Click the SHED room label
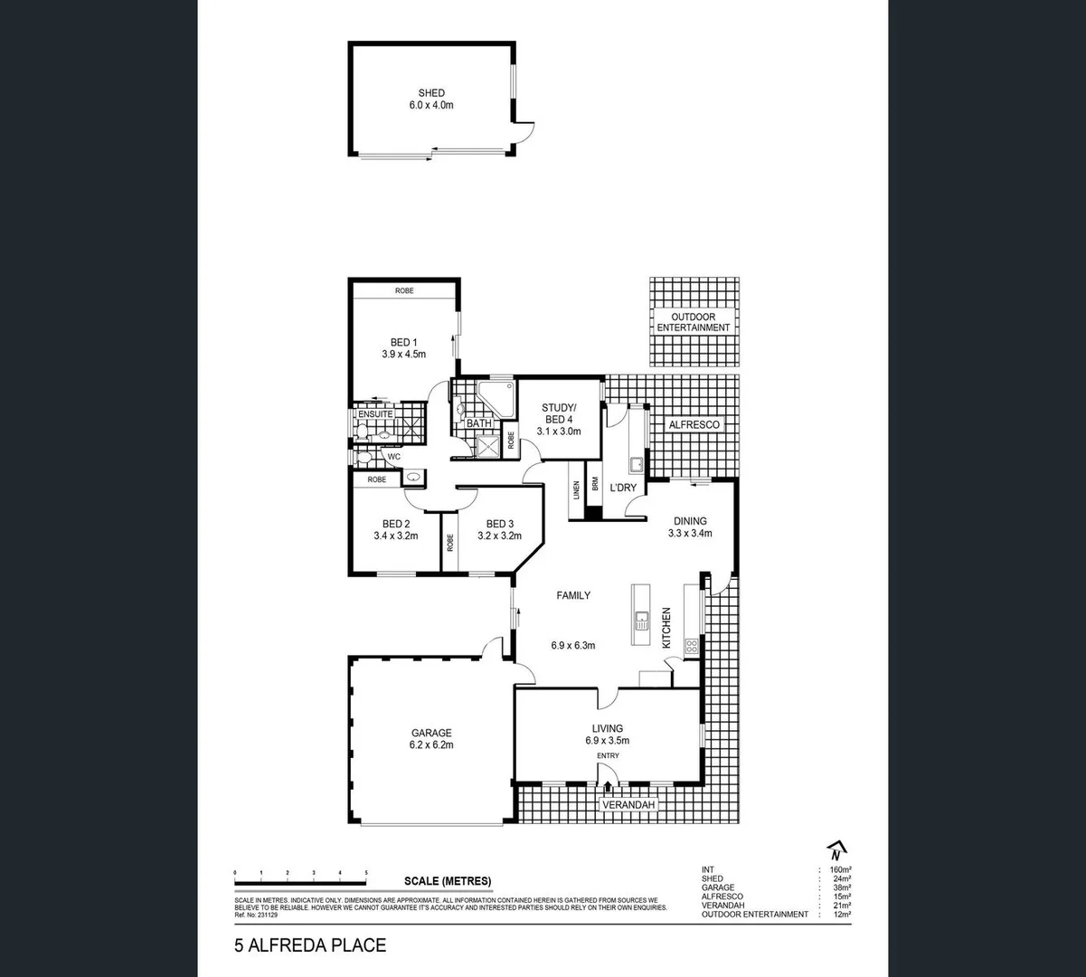(x=431, y=93)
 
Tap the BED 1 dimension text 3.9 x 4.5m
(x=403, y=355)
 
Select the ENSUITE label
(x=375, y=414)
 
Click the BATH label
(x=479, y=423)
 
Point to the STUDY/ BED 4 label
(x=557, y=413)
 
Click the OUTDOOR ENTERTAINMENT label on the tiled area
(x=693, y=322)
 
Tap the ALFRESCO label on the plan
(x=694, y=424)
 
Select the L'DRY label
(x=623, y=488)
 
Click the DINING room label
(x=690, y=521)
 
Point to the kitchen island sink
(x=641, y=620)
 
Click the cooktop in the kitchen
(x=692, y=646)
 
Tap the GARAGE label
(x=430, y=734)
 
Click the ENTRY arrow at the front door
(x=608, y=786)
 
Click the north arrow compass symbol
(x=837, y=850)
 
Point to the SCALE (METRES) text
(x=448, y=881)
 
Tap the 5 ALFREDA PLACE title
(x=310, y=946)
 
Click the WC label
(x=393, y=457)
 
